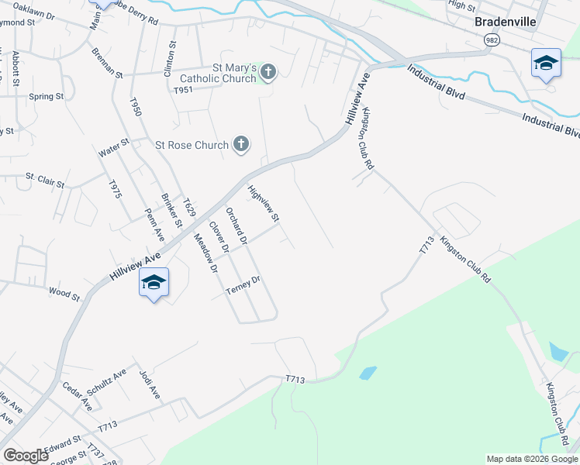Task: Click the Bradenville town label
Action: [x=506, y=22]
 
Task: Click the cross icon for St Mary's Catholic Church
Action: [x=268, y=74]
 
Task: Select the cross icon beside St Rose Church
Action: [x=241, y=144]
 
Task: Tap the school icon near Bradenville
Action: [x=546, y=64]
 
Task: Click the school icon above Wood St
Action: [x=154, y=283]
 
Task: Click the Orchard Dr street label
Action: [x=236, y=226]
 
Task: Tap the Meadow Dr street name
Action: [x=205, y=255]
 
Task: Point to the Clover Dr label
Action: [x=219, y=238]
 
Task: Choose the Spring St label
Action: [x=46, y=97]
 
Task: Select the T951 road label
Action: [x=183, y=91]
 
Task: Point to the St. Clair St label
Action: [x=45, y=181]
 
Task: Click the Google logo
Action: [x=26, y=456]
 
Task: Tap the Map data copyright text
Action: [x=531, y=459]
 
